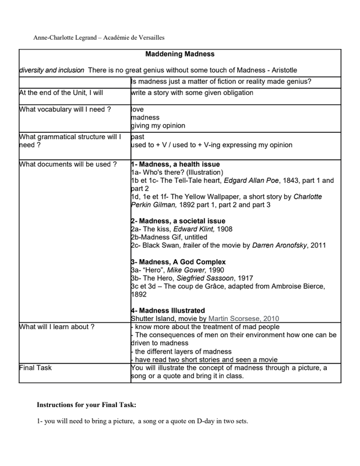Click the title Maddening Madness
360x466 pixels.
[179, 54]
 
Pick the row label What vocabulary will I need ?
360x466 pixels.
[65, 109]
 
